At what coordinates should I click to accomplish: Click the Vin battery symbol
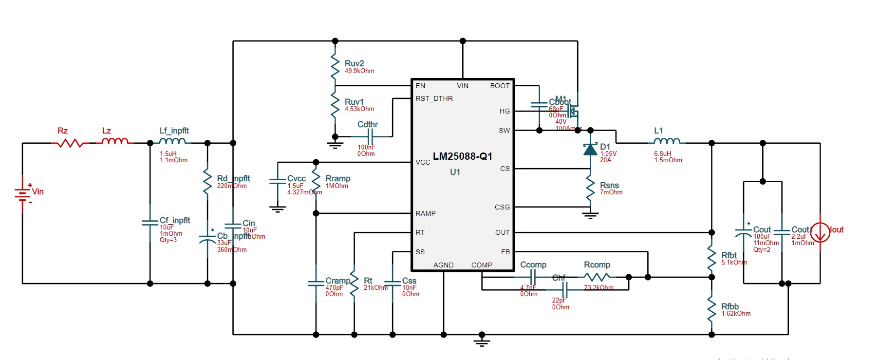pyautogui.click(x=22, y=194)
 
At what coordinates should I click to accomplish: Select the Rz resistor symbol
pyautogui.click(x=70, y=143)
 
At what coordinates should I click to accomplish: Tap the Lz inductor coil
pyautogui.click(x=115, y=141)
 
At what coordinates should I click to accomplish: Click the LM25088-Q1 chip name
pyautogui.click(x=462, y=156)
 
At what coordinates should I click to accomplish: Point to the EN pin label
pyautogui.click(x=420, y=86)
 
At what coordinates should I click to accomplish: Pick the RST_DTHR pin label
pyautogui.click(x=434, y=98)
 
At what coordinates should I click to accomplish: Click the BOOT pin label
pyautogui.click(x=500, y=86)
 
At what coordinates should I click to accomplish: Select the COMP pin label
pyautogui.click(x=482, y=265)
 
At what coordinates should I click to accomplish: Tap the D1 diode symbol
pyautogui.click(x=590, y=149)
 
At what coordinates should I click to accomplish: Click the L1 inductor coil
pyautogui.click(x=667, y=141)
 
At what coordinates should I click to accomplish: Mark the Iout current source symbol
pyautogui.click(x=820, y=232)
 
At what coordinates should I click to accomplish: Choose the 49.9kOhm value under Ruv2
pyautogui.click(x=359, y=71)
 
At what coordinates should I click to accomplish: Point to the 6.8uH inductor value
pyautogui.click(x=662, y=153)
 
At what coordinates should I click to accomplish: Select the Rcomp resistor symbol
pyautogui.click(x=597, y=277)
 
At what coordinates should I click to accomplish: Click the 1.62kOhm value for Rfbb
pyautogui.click(x=736, y=314)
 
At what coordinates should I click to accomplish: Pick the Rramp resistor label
pyautogui.click(x=338, y=179)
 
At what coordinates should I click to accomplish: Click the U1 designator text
pyautogui.click(x=455, y=172)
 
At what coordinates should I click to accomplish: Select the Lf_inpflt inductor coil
pyautogui.click(x=172, y=141)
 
